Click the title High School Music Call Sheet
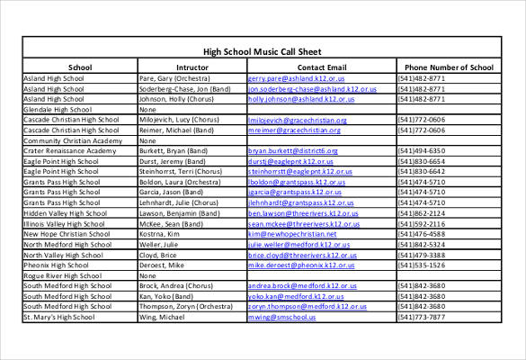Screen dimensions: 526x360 262,52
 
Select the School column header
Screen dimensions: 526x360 79,67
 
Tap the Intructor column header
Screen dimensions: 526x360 192,67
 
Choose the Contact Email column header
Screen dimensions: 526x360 321,67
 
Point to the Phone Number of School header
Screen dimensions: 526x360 449,67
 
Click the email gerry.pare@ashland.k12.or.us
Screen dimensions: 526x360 296,78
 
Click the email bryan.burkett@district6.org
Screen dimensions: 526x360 293,150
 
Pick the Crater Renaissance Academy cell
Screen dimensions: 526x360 69,150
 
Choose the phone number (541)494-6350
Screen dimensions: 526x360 421,150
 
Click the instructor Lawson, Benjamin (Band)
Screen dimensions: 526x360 179,213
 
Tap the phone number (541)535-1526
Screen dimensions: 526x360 421,265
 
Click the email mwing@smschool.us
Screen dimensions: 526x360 283,317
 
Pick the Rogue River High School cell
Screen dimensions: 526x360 61,275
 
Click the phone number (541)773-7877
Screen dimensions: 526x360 421,317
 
